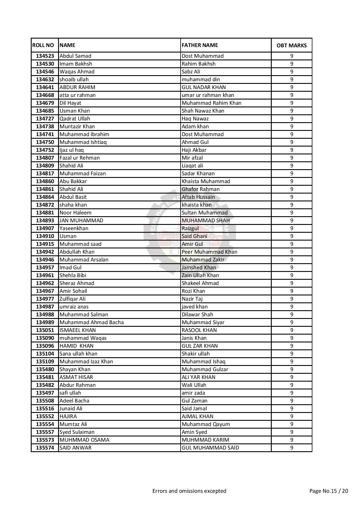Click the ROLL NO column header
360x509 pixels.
[43, 45]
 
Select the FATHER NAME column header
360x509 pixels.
[200, 45]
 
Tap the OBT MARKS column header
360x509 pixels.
[291, 46]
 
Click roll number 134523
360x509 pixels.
[45, 56]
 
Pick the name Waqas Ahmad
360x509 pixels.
[77, 72]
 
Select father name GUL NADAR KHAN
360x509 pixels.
[204, 87]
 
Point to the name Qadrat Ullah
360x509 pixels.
[75, 119]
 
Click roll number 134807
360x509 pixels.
[45, 158]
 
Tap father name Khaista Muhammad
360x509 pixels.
[206, 181]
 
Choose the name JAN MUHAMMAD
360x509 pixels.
[81, 221]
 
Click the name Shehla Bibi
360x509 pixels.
[73, 275]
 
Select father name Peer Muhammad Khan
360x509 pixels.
[209, 252]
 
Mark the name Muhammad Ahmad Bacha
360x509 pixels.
[91, 322]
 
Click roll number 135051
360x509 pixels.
[45, 330]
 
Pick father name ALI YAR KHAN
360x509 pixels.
[199, 377]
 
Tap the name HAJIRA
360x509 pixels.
[68, 416]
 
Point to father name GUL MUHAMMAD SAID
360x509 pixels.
[210, 448]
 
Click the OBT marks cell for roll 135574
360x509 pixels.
[291, 448]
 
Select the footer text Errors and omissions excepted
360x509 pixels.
[189, 491]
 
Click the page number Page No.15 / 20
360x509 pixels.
[329, 491]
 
